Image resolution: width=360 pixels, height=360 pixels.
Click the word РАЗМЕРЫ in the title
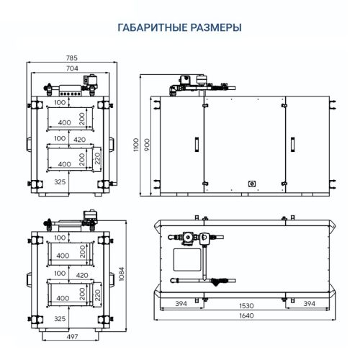214,27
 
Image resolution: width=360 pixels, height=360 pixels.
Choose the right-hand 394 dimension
308,304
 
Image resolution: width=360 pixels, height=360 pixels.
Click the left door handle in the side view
194,144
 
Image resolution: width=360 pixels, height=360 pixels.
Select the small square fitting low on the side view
252,184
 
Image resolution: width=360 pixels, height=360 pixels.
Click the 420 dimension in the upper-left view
80,138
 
